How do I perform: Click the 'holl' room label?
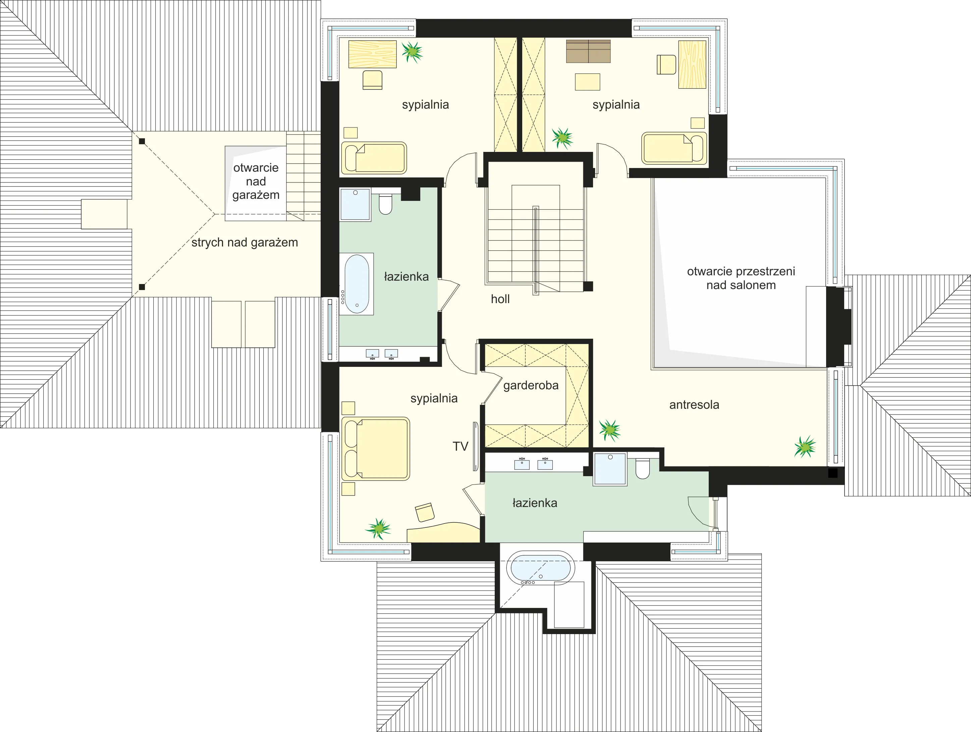[500, 299]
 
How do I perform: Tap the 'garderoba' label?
[531, 386]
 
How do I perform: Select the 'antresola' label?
[694, 405]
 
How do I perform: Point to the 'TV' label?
[461, 446]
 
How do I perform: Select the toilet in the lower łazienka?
[643, 468]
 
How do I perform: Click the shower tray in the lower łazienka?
[610, 469]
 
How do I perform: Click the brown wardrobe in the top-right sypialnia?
[588, 51]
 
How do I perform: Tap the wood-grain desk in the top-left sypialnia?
[372, 54]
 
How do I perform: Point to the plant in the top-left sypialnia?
[412, 52]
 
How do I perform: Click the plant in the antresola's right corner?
[805, 447]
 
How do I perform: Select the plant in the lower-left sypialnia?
[378, 528]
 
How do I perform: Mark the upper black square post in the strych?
[142, 141]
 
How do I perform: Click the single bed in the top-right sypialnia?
[674, 148]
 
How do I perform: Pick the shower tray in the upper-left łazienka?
[355, 205]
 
